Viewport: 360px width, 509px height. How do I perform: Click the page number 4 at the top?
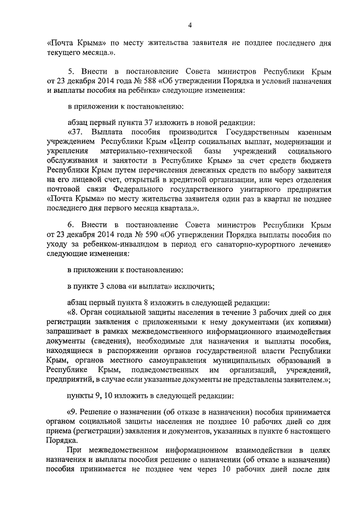pyautogui.click(x=191, y=25)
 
